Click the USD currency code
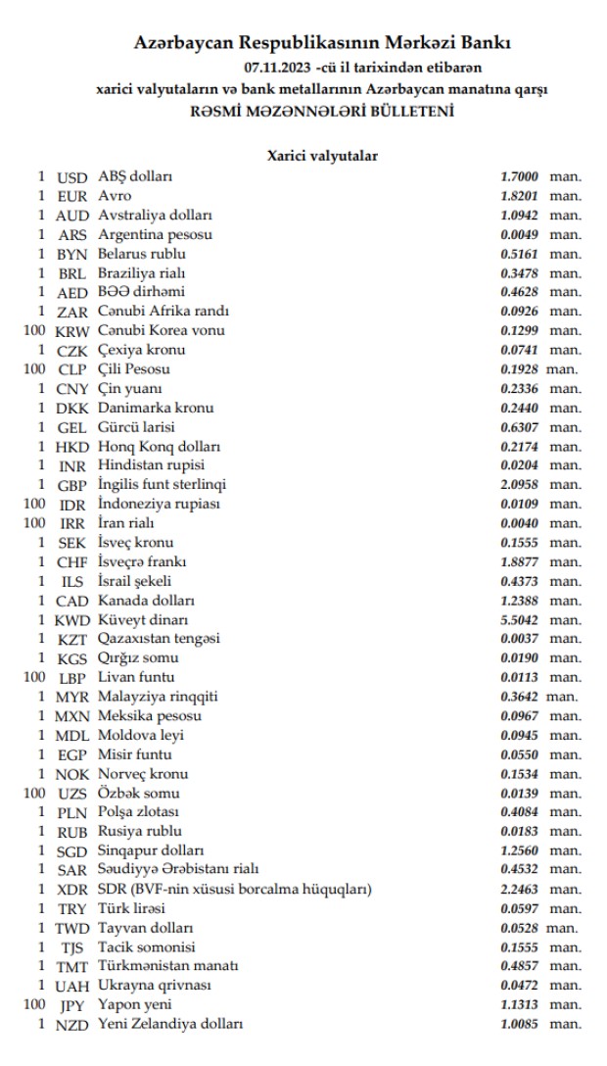coord(72,177)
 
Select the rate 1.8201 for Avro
coord(520,196)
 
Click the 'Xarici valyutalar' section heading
coord(323,155)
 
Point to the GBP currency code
coord(72,485)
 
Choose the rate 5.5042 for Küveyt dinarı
coord(520,619)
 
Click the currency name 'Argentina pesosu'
coord(155,235)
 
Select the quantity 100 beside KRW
coord(34,331)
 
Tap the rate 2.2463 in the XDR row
coord(520,889)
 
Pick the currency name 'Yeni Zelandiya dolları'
coord(170,1024)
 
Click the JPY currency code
coord(72,1005)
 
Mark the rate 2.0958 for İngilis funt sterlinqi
coord(520,485)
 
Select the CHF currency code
coord(72,561)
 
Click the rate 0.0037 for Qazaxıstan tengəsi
coord(520,639)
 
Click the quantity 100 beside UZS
coord(34,793)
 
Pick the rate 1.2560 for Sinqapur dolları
coord(520,850)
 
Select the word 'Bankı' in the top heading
coord(485,44)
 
